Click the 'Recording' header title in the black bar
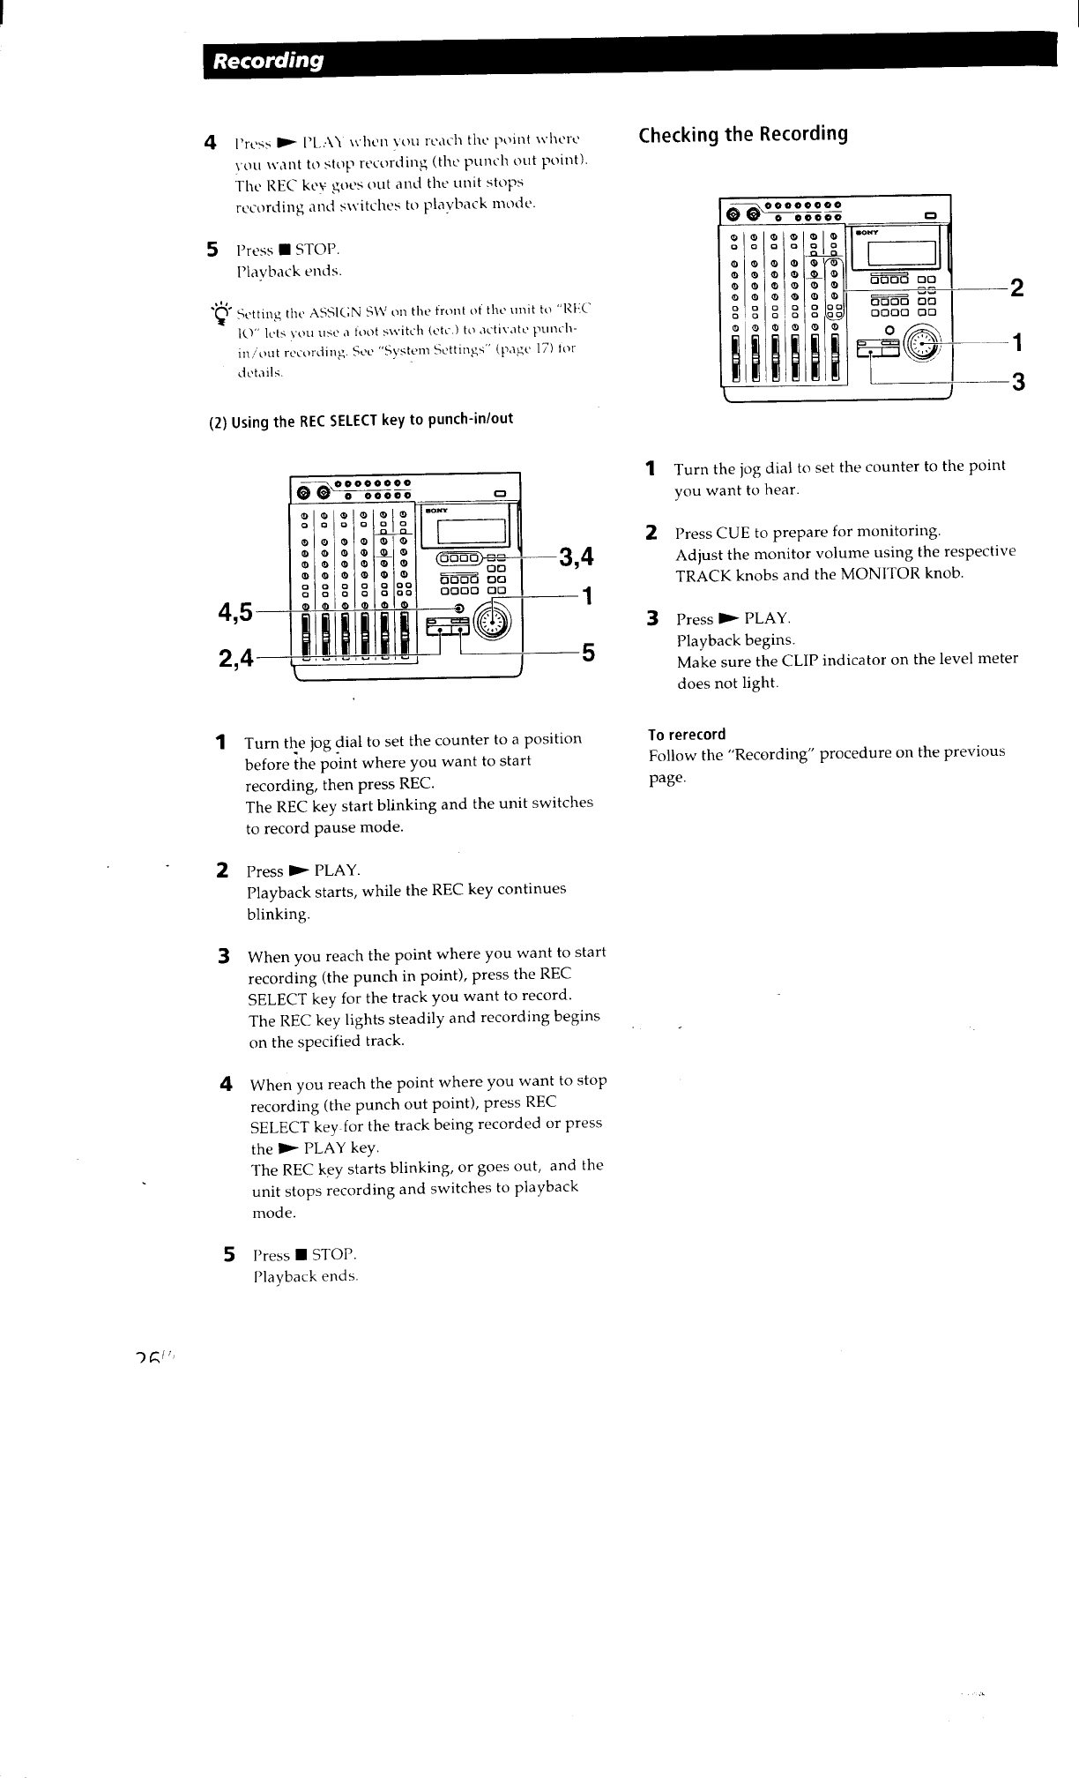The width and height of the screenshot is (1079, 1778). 270,60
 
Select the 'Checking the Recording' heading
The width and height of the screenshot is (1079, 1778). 743,134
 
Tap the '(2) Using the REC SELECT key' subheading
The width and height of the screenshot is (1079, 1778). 361,419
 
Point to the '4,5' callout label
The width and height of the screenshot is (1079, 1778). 234,610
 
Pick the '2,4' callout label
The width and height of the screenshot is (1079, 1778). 234,657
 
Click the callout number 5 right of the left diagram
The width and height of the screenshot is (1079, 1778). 588,654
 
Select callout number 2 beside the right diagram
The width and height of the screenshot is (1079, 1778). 1016,288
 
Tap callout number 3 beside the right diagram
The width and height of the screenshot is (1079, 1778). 1017,382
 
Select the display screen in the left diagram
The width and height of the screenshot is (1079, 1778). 470,533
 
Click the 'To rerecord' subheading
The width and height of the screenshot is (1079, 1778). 687,735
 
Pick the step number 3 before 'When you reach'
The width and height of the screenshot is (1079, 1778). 225,956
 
